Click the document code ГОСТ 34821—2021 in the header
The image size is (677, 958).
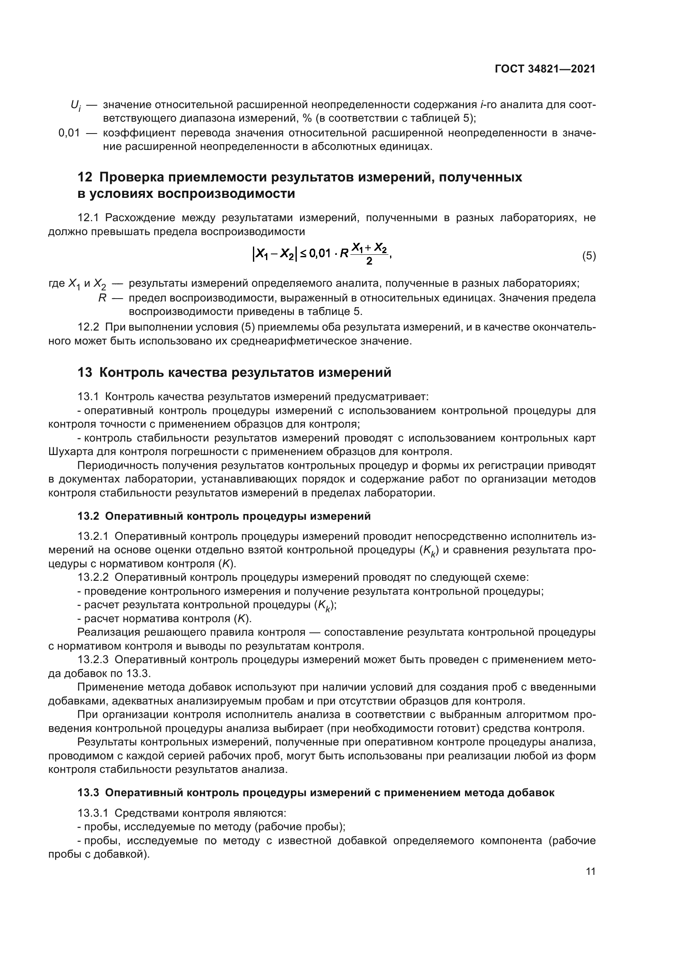point(545,69)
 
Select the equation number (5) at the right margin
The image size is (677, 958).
point(589,256)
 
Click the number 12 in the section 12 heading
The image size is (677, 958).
point(85,177)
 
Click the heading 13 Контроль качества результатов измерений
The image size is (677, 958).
point(234,372)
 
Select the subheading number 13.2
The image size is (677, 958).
point(88,516)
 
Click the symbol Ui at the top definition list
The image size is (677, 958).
point(75,106)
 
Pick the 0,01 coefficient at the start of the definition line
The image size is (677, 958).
point(69,133)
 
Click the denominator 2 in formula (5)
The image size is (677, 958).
point(369,262)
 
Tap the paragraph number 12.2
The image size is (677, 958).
point(88,328)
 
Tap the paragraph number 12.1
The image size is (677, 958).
point(88,218)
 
